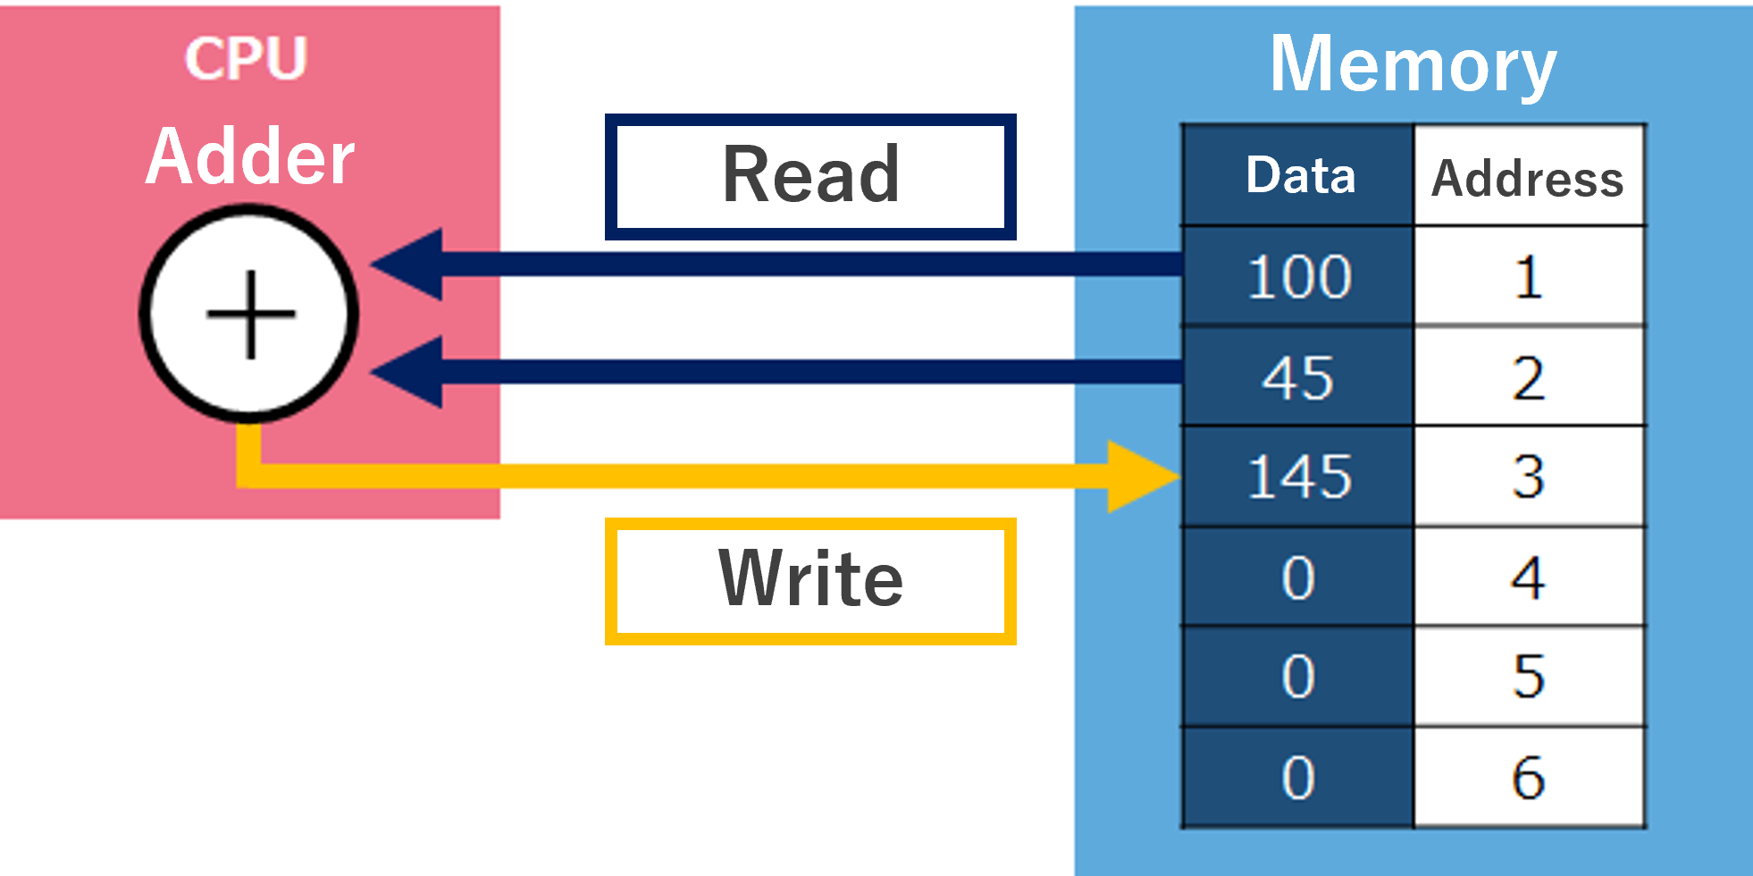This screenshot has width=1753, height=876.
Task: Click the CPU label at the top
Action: point(246,58)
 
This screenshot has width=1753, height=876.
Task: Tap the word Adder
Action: point(250,157)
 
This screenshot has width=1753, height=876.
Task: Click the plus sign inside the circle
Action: point(250,315)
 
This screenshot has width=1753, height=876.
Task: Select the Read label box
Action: point(810,176)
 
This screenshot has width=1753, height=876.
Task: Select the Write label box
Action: point(810,580)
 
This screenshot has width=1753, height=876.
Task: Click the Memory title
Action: point(1413,65)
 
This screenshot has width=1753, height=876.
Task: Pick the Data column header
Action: point(1300,175)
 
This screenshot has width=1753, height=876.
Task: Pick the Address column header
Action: point(1528,178)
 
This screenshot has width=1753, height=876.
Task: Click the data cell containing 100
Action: point(1299,276)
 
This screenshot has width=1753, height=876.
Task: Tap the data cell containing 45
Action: point(1299,377)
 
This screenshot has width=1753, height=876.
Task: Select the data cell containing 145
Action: point(1299,476)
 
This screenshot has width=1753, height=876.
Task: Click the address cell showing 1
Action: point(1529,276)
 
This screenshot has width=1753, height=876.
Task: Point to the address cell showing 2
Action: point(1529,377)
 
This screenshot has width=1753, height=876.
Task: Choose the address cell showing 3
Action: point(1529,476)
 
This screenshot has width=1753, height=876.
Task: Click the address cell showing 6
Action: point(1529,777)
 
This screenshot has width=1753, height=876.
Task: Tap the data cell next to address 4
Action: point(1299,577)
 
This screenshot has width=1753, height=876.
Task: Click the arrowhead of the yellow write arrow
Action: point(1139,476)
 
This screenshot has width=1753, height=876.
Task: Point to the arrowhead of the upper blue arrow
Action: point(411,265)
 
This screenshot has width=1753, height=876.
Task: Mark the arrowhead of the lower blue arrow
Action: point(411,372)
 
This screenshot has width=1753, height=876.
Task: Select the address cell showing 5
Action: point(1529,677)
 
